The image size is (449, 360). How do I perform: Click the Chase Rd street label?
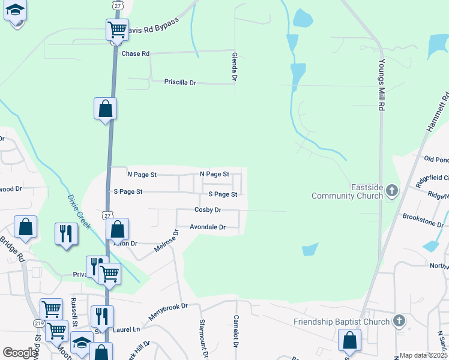pyautogui.click(x=135, y=53)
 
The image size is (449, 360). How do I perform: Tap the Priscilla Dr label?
pyautogui.click(x=180, y=82)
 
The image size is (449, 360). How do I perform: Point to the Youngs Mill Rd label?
pyautogui.click(x=381, y=85)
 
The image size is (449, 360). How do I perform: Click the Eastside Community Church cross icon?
pyautogui.click(x=392, y=191)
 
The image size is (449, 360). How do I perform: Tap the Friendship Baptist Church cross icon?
pyautogui.click(x=399, y=322)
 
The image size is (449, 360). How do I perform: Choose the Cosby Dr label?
pyautogui.click(x=208, y=210)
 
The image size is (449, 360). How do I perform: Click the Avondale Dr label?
pyautogui.click(x=207, y=227)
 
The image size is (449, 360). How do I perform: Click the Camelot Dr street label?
pyautogui.click(x=236, y=331)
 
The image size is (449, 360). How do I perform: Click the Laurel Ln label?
pyautogui.click(x=128, y=329)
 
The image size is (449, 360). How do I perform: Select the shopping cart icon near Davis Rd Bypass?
pyautogui.click(x=117, y=29)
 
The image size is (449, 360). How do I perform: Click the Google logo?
pyautogui.click(x=20, y=353)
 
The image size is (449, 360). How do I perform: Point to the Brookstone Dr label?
pyautogui.click(x=423, y=220)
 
